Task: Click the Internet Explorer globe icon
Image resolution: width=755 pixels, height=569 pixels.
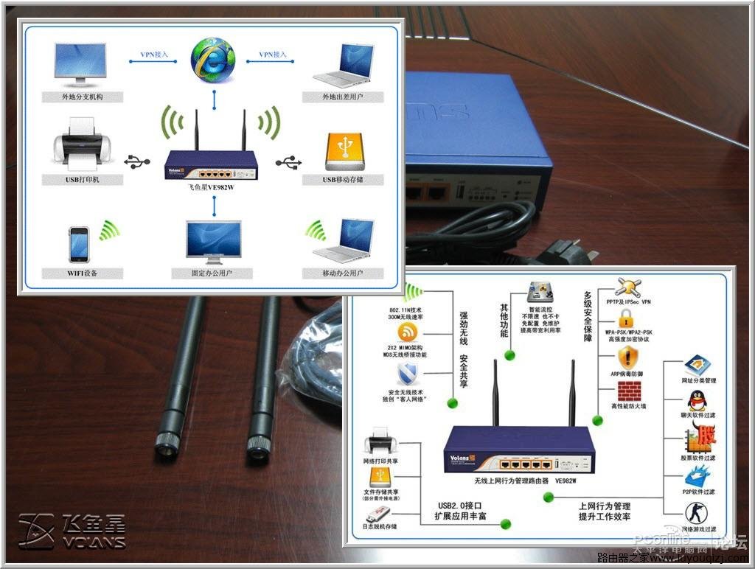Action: tap(213, 60)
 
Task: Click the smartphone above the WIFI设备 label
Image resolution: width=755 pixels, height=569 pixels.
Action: tap(79, 244)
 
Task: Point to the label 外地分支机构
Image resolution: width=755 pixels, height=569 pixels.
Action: tap(82, 97)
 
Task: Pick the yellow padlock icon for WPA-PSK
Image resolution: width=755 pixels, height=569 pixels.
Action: tap(627, 318)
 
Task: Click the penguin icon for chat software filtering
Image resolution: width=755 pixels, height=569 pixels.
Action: tap(696, 401)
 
